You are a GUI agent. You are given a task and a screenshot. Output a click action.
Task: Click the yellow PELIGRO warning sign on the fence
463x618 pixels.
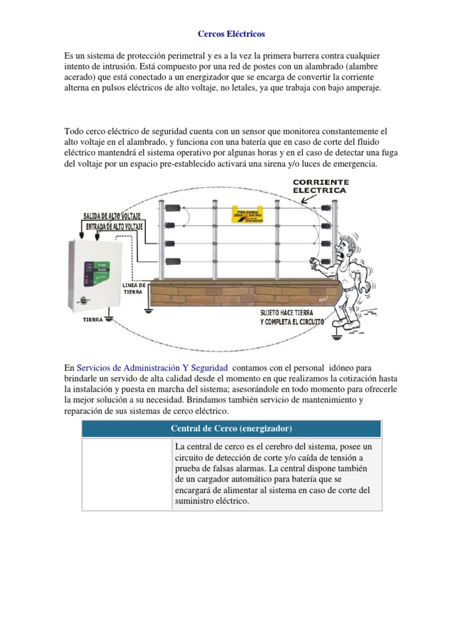248,215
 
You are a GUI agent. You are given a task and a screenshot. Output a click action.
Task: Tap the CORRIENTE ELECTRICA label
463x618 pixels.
320,185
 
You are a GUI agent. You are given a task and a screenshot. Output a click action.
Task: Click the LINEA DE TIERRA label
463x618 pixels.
134,287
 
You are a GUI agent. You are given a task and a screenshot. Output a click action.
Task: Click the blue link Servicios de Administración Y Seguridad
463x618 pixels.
153,368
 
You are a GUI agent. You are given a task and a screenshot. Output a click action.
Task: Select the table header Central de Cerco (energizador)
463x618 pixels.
231,428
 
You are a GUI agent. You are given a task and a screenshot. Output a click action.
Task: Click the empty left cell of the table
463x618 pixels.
127,474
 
